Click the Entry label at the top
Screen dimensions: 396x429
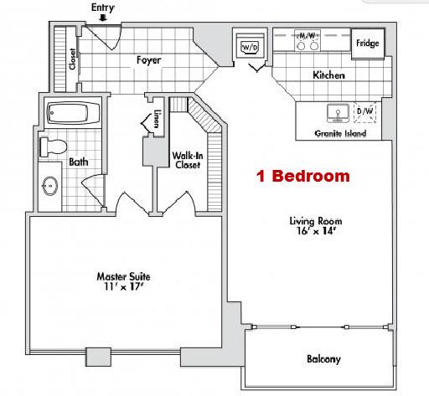pyautogui.click(x=103, y=8)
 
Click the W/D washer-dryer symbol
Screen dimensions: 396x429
pyautogui.click(x=250, y=48)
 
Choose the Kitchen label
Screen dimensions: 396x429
pyautogui.click(x=329, y=75)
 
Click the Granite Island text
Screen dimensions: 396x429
pyautogui.click(x=339, y=133)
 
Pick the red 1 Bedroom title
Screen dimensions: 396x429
pyautogui.click(x=302, y=177)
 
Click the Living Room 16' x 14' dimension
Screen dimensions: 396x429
pyautogui.click(x=316, y=230)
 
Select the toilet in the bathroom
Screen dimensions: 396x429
pyautogui.click(x=54, y=147)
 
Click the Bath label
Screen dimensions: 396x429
pyautogui.click(x=80, y=162)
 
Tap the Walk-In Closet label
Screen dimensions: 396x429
pyautogui.click(x=186, y=160)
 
